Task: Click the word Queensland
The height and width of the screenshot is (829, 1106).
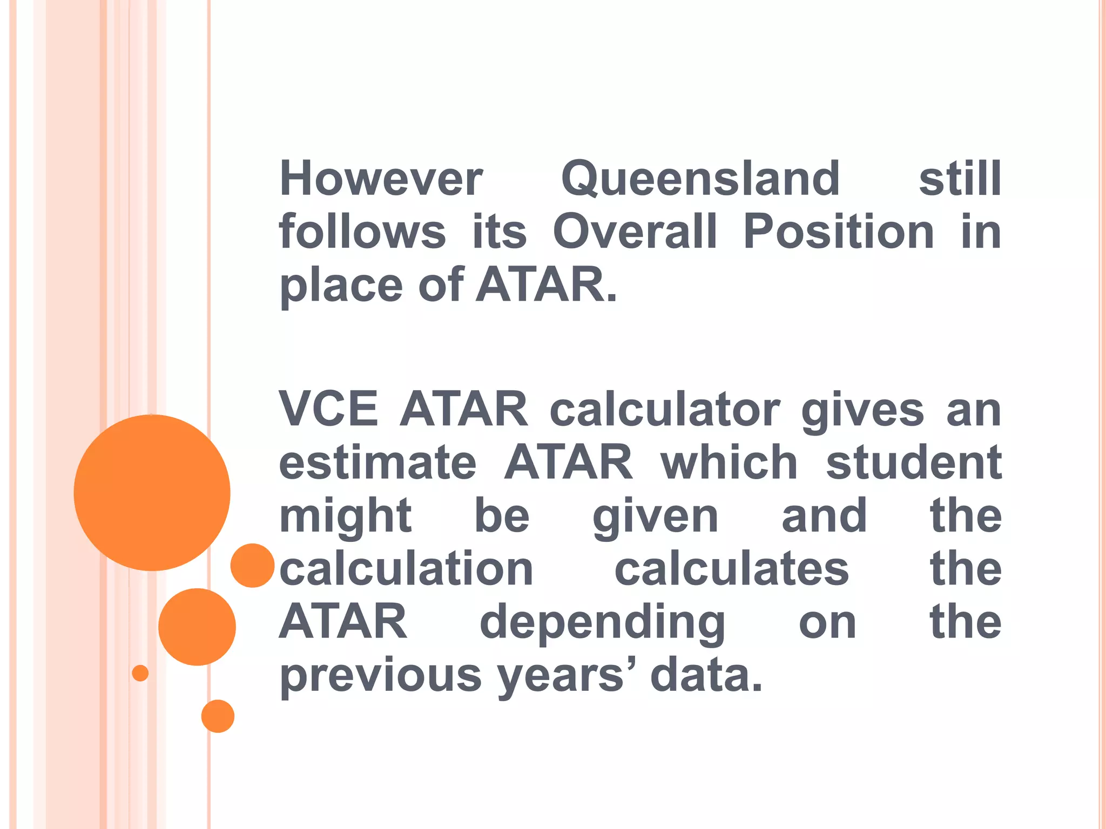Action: [x=700, y=179]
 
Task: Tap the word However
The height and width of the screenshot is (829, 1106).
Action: [x=381, y=179]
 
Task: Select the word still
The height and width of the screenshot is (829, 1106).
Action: [x=960, y=179]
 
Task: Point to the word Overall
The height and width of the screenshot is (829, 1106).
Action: [x=635, y=232]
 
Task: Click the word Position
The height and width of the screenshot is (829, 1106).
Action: [x=838, y=232]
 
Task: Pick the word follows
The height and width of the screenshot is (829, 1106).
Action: [x=362, y=232]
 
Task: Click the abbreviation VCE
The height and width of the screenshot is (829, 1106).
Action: [x=328, y=409]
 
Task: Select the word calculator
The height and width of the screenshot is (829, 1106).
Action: [x=665, y=409]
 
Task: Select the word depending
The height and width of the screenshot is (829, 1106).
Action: [x=603, y=623]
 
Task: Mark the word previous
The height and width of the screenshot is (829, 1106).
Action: [x=380, y=676]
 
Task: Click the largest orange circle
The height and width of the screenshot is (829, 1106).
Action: [x=152, y=492]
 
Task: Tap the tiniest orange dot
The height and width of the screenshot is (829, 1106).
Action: [x=140, y=673]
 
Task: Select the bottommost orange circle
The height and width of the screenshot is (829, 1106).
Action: [x=218, y=716]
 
